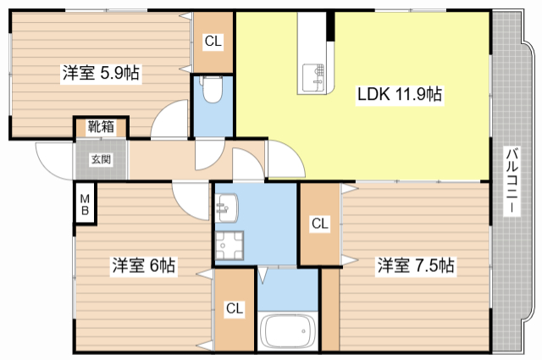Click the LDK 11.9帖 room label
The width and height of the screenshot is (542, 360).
[x=399, y=94]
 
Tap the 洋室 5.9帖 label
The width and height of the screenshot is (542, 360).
[x=101, y=73]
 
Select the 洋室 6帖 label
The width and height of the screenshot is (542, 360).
[x=144, y=266]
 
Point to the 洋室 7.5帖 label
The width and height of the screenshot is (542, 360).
[x=416, y=266]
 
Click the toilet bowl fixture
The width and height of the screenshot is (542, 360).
[x=212, y=89]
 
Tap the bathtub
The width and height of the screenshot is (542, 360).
[x=288, y=331]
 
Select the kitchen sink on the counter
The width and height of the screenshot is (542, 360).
[x=314, y=78]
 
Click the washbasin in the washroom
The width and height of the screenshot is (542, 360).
[x=226, y=208]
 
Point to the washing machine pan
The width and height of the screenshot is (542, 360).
[x=230, y=246]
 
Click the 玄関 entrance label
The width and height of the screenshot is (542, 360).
[x=101, y=159]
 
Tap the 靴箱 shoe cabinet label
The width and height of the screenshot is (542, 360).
[x=101, y=126]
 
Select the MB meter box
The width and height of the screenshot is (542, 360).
[x=85, y=204]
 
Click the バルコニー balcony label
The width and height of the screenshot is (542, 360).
[x=512, y=181]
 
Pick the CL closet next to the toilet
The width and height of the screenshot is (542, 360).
[x=213, y=42]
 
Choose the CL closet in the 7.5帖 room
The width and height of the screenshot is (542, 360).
[x=320, y=224]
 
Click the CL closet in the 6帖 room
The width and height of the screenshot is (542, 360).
[x=235, y=309]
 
